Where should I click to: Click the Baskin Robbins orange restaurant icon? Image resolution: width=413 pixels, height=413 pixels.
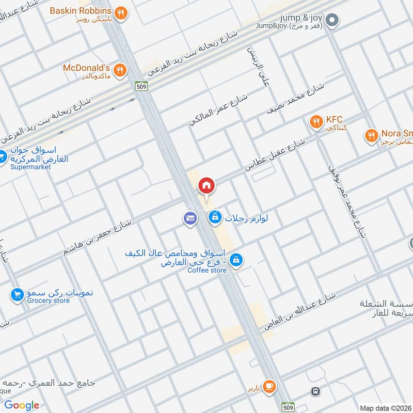pyautogui.click(x=120, y=13)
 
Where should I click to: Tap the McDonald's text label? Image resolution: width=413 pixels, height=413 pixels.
pyautogui.click(x=87, y=68)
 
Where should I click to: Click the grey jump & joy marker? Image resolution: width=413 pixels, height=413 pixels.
pyautogui.click(x=333, y=20)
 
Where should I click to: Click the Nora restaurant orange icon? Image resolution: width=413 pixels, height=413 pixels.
pyautogui.click(x=371, y=136)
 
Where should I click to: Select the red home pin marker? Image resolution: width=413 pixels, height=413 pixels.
pyautogui.click(x=206, y=185)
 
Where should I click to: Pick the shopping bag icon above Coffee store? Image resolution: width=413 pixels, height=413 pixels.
pyautogui.click(x=236, y=259)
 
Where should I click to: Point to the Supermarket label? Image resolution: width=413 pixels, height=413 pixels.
pyautogui.click(x=31, y=167)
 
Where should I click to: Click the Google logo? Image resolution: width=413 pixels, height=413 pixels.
pyautogui.click(x=22, y=405)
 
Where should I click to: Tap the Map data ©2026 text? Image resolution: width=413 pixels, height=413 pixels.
pyautogui.click(x=385, y=408)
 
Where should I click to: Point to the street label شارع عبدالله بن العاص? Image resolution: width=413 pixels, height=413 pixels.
pyautogui.click(x=299, y=311)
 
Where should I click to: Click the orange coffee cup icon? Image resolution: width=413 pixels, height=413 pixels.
pyautogui.click(x=269, y=386)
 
